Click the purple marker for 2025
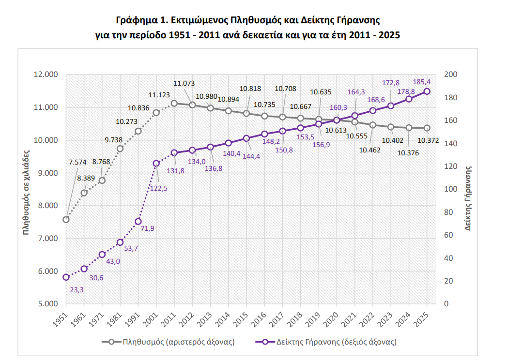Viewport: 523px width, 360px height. point(427,91)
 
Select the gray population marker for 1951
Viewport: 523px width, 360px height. point(66,219)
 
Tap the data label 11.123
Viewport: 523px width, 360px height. point(159,95)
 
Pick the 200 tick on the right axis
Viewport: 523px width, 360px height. point(450,75)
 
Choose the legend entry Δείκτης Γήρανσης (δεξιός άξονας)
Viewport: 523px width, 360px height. point(336,342)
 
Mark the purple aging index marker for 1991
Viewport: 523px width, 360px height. point(138,221)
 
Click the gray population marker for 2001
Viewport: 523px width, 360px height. point(156,113)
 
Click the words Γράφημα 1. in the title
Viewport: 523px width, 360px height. point(137,21)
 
